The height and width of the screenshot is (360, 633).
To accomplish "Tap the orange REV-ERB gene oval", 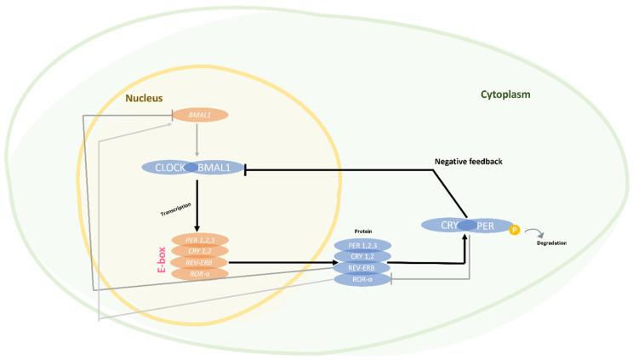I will click(200, 262).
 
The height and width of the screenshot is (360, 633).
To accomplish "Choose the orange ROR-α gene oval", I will click(200, 273).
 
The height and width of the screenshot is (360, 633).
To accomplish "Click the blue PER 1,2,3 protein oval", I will click(362, 245).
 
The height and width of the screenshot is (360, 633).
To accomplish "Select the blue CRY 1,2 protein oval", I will click(362, 256).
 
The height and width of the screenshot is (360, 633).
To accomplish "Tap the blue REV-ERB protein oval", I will click(362, 267).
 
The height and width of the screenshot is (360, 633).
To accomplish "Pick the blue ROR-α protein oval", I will click(362, 278).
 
